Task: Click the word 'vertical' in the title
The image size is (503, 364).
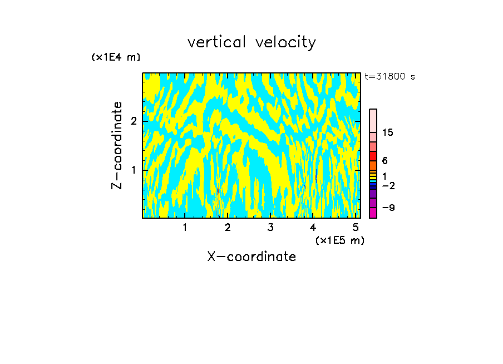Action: click(x=216, y=42)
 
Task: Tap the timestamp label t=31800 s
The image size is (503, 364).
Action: click(x=389, y=77)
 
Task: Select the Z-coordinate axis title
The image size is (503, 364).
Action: click(x=117, y=145)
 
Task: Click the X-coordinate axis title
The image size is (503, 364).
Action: click(x=251, y=257)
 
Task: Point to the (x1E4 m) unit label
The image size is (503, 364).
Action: click(x=116, y=57)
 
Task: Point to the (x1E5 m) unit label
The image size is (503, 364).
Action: click(x=339, y=240)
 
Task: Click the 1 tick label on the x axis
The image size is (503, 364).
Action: click(x=185, y=227)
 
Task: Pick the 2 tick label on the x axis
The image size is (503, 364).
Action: click(x=228, y=227)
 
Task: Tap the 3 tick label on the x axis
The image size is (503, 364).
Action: click(x=270, y=227)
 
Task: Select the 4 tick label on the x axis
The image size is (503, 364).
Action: click(x=313, y=227)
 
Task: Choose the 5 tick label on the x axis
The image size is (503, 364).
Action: click(x=356, y=227)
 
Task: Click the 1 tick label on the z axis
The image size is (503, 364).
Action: click(x=134, y=170)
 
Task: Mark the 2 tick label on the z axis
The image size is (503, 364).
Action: click(x=134, y=121)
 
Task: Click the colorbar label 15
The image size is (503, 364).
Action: click(x=388, y=132)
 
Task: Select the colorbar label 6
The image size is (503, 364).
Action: click(x=385, y=161)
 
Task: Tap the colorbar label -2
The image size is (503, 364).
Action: click(x=388, y=186)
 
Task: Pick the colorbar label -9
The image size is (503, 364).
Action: click(x=388, y=208)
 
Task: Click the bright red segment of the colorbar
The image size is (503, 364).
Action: click(x=373, y=156)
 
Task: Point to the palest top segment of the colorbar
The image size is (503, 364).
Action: click(x=373, y=120)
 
